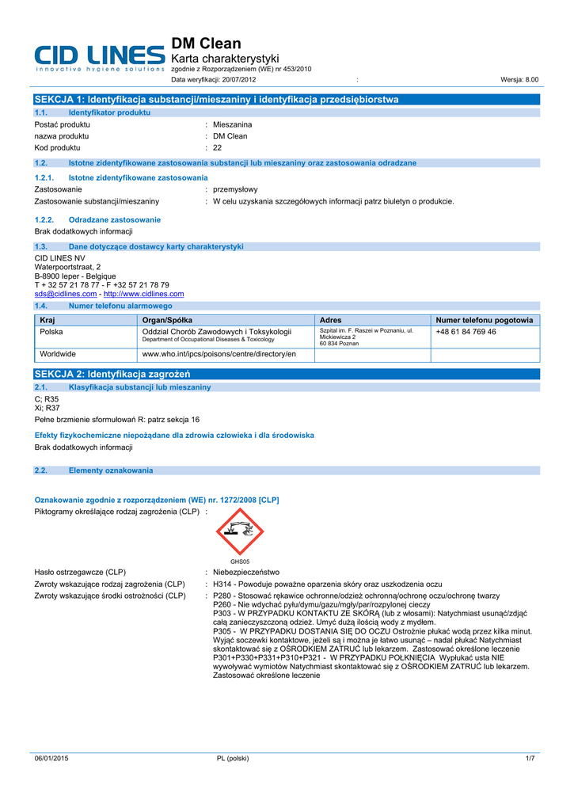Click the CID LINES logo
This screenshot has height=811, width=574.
[100, 58]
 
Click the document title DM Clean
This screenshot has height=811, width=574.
[207, 44]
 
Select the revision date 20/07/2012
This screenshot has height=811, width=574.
[238, 80]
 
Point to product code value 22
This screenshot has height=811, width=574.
[218, 147]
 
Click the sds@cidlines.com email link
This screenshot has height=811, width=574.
[66, 294]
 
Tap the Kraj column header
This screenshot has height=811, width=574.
[47, 320]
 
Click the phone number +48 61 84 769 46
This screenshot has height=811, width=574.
[466, 332]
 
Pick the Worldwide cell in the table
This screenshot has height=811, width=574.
[58, 354]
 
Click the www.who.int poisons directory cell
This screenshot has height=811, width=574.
[219, 354]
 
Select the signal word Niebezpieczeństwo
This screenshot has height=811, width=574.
[246, 572]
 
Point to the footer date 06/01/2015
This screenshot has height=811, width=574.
[51, 759]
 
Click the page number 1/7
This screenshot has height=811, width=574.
[530, 759]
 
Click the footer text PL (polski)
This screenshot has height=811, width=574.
[233, 759]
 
